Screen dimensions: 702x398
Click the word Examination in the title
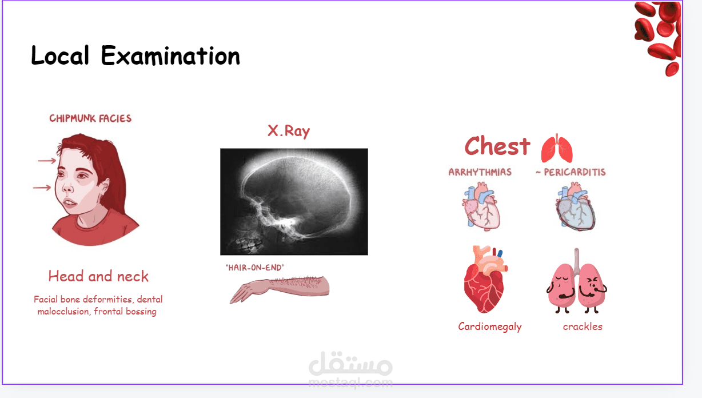click(170, 56)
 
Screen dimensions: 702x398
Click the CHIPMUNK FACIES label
click(90, 118)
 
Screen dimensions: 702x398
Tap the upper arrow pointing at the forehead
click(47, 161)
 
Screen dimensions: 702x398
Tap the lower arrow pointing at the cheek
click(42, 188)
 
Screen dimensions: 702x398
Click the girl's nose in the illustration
click(67, 187)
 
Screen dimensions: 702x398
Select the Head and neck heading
click(98, 276)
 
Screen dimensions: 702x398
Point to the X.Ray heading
click(289, 131)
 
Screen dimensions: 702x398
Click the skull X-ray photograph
click(294, 201)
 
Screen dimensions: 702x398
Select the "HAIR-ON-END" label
click(255, 268)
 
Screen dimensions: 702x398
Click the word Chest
click(497, 146)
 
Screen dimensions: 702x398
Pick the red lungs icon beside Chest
click(557, 148)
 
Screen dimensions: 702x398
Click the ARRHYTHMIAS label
click(480, 172)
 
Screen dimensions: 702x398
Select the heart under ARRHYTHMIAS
click(481, 206)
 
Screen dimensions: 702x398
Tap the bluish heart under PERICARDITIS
click(576, 207)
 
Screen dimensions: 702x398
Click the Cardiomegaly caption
click(490, 327)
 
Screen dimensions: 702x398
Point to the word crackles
click(583, 327)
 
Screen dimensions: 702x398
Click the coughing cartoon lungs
click(577, 281)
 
